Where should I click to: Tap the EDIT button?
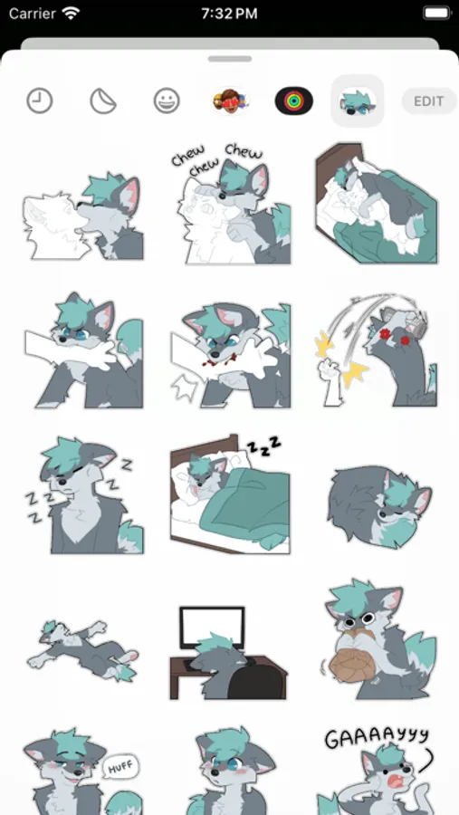click(x=429, y=101)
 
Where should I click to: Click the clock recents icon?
click(x=40, y=101)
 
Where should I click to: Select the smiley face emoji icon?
click(x=167, y=101)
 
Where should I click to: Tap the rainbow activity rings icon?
click(x=293, y=101)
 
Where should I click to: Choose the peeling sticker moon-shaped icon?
click(x=103, y=101)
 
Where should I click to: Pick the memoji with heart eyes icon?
click(x=230, y=101)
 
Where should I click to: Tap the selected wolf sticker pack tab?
click(x=358, y=101)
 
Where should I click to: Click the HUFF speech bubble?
click(x=120, y=767)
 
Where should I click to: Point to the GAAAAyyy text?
click(x=377, y=739)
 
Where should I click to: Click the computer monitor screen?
click(x=212, y=628)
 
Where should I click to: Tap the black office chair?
click(x=257, y=677)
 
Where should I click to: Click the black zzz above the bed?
click(x=263, y=446)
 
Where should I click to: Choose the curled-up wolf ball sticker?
click(x=380, y=507)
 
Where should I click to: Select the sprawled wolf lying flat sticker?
click(x=82, y=649)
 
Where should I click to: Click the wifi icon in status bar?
click(x=71, y=13)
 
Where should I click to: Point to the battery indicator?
click(x=437, y=13)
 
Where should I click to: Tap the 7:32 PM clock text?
click(x=229, y=13)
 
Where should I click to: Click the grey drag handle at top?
click(x=230, y=59)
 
